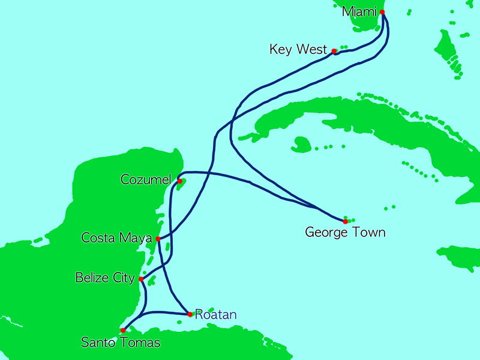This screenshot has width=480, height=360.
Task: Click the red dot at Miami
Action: (x=382, y=12)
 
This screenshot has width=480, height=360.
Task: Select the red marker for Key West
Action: (x=334, y=52)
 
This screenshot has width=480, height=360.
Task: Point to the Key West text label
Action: (x=298, y=50)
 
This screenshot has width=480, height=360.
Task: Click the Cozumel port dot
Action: (x=179, y=181)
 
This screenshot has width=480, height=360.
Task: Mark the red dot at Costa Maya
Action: (x=158, y=239)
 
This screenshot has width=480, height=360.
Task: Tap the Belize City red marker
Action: (x=141, y=279)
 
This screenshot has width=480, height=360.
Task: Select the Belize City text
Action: (x=106, y=278)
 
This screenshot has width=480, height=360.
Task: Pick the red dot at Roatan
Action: (x=190, y=314)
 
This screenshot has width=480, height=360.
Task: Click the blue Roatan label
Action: (x=216, y=314)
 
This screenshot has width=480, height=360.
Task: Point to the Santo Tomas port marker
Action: (x=123, y=330)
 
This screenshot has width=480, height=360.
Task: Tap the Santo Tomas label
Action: (x=121, y=343)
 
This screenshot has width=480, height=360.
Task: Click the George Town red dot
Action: (x=345, y=221)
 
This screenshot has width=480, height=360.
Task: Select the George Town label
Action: (x=345, y=232)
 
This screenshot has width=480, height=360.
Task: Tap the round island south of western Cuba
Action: (x=302, y=143)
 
